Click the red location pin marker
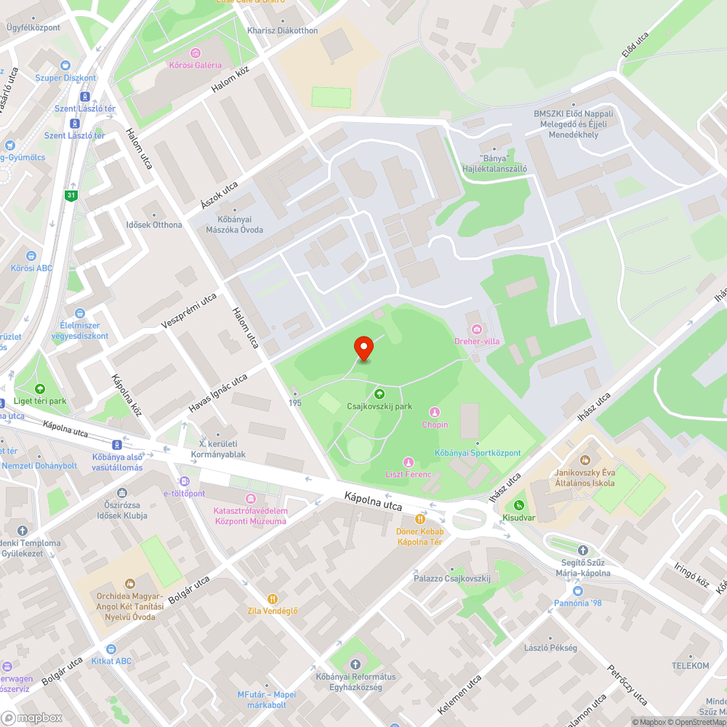(x=363, y=348)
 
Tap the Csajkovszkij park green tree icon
(x=379, y=393)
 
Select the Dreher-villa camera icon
(x=477, y=329)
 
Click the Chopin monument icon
(x=435, y=412)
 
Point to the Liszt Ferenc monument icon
(x=409, y=462)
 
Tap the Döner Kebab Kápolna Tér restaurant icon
(x=419, y=519)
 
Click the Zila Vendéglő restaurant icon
(x=273, y=598)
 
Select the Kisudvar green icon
(x=518, y=505)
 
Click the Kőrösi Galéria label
(x=195, y=65)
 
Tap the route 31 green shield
(x=71, y=195)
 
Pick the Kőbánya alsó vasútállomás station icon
(x=116, y=444)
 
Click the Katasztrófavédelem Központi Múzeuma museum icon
(x=251, y=499)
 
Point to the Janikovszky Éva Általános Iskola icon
(x=585, y=459)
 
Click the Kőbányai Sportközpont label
(x=478, y=453)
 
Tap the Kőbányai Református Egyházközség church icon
(x=355, y=664)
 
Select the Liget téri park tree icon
(x=39, y=389)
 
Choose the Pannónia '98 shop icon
(x=578, y=591)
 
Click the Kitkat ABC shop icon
(x=111, y=648)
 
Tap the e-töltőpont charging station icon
(x=184, y=481)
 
